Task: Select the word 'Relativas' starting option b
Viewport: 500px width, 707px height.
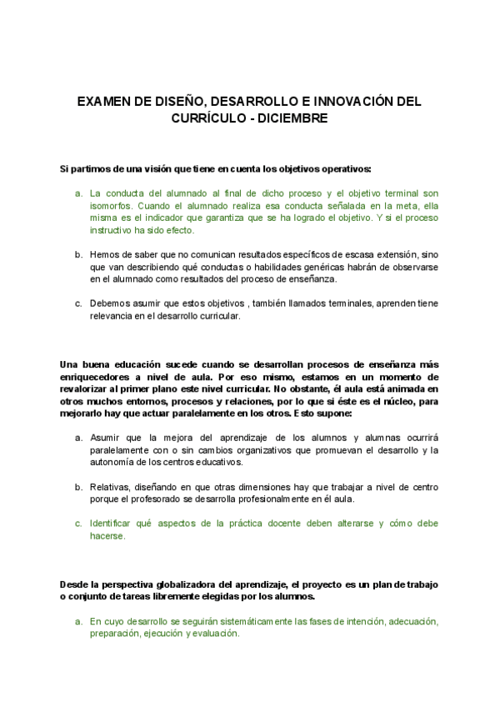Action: click(109, 487)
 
